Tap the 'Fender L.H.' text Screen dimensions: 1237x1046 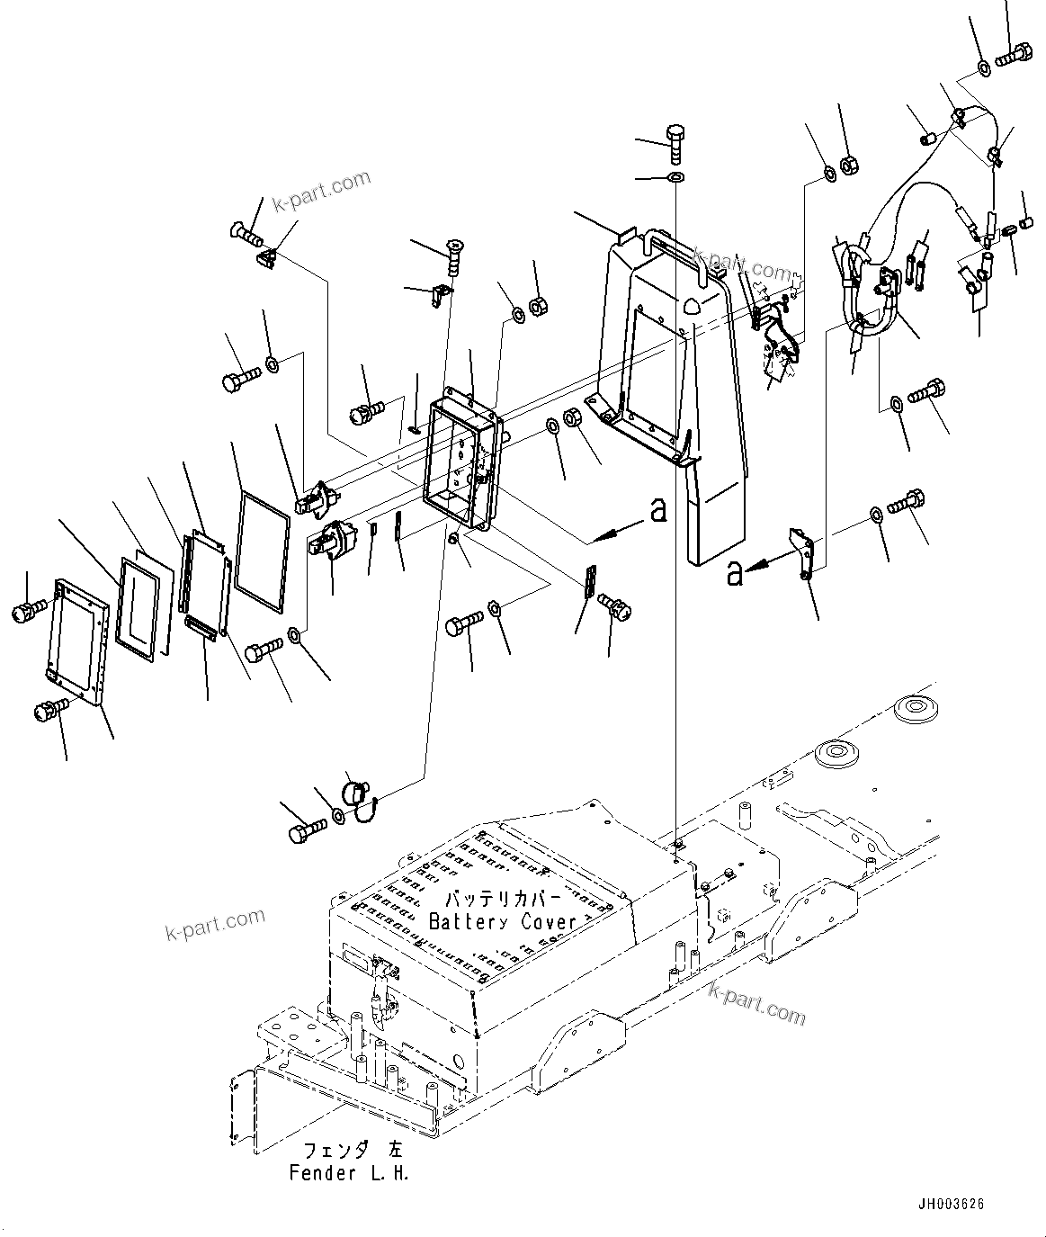(349, 1173)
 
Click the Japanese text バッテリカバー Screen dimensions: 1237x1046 (503, 899)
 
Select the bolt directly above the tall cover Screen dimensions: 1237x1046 (676, 139)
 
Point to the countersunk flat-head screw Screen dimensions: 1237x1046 (456, 253)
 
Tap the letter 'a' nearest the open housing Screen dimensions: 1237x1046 (658, 511)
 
